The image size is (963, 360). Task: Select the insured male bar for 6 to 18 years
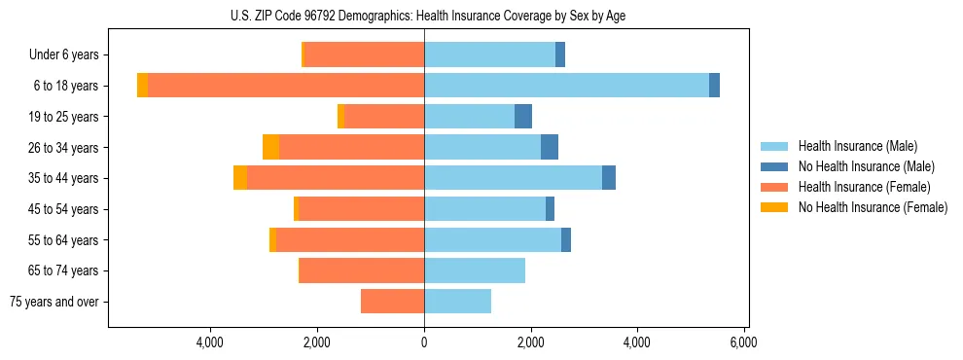tap(566, 86)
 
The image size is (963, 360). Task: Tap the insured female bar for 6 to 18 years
tap(286, 86)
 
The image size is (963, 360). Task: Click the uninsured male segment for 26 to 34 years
tap(550, 147)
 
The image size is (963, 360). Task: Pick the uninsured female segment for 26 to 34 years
tap(271, 147)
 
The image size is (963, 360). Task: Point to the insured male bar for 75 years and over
tap(457, 302)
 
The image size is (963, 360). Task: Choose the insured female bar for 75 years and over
tap(393, 302)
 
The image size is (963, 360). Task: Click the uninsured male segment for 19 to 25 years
tap(523, 117)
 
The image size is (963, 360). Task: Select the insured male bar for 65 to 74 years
tap(475, 270)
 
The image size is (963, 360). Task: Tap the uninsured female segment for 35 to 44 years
tap(240, 178)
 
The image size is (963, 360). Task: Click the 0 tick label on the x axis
tap(424, 342)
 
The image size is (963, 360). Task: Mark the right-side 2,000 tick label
tap(531, 342)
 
